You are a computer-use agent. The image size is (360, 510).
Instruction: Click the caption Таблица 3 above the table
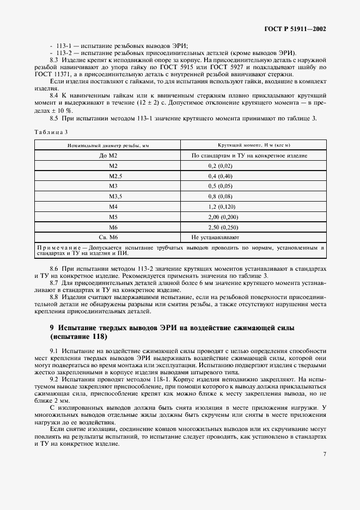pyautogui.click(x=51, y=132)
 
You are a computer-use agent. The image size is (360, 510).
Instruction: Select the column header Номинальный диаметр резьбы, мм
pyautogui.click(x=108, y=145)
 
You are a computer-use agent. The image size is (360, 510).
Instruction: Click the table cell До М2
pyautogui.click(x=108, y=155)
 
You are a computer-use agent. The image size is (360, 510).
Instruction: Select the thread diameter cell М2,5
pyautogui.click(x=113, y=176)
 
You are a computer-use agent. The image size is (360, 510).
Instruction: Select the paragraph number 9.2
pyautogui.click(x=54, y=378)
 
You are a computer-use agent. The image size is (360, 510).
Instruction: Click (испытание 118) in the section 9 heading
pyautogui.click(x=76, y=336)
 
